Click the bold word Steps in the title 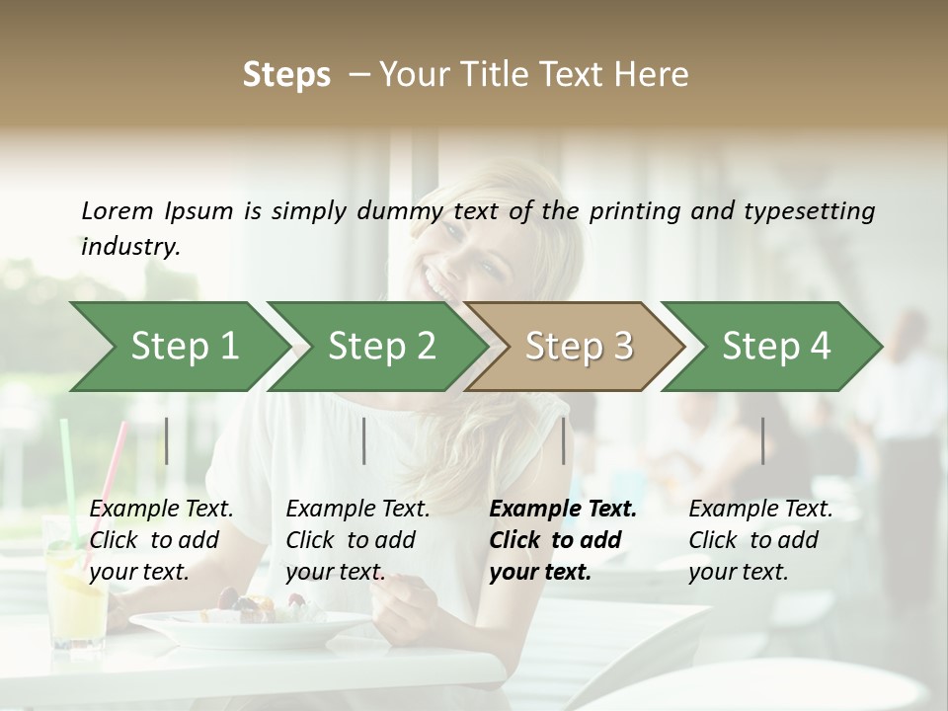[x=286, y=75]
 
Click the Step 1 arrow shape [x=178, y=347]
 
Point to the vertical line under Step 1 [x=167, y=440]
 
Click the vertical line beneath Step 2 [x=364, y=440]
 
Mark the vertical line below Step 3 [x=564, y=440]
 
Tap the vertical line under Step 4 [x=762, y=440]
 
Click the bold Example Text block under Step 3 [x=563, y=540]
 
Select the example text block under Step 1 [x=161, y=540]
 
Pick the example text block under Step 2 [x=357, y=540]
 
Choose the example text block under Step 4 [x=760, y=540]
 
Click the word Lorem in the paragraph [x=118, y=211]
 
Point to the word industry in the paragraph [x=129, y=246]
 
